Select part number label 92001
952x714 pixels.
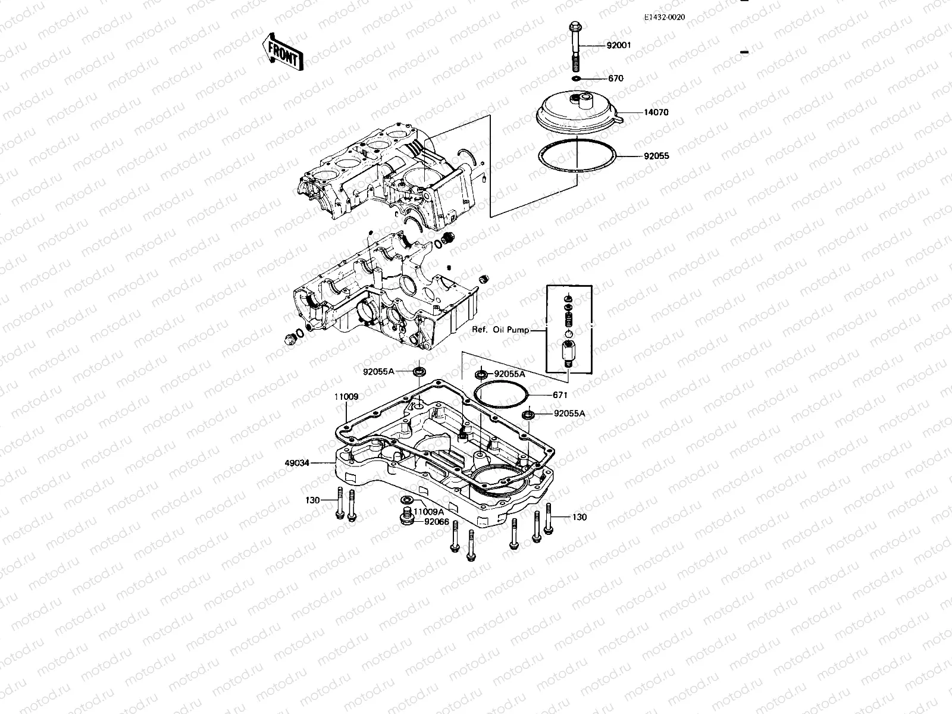pos(618,45)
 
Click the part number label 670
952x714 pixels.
pos(615,78)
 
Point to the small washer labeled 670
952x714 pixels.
pos(577,78)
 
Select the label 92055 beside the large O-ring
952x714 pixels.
pos(656,156)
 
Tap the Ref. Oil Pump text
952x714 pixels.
pos(500,330)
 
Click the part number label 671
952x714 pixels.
pos(560,395)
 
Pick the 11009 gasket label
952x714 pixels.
pos(346,396)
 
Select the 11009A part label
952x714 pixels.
pos(428,512)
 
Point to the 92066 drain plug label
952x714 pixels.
pos(437,522)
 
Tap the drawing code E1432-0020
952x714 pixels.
pos(664,17)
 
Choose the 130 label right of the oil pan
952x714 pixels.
pos(578,517)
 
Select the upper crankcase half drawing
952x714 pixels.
pos(387,178)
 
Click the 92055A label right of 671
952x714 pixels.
pos(569,413)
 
